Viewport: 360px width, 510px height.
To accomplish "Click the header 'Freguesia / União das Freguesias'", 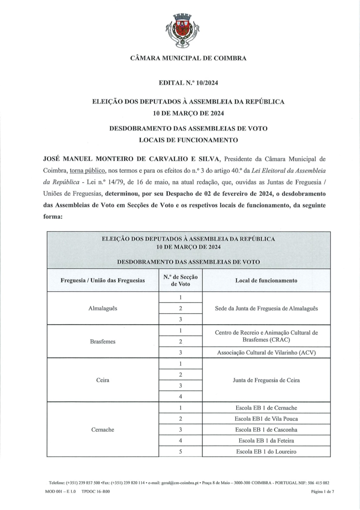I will point(103,280).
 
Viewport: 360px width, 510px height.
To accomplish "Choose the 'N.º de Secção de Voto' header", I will point(180,280).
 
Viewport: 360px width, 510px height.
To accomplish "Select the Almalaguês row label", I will point(103,308).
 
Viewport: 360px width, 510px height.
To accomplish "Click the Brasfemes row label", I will point(103,342).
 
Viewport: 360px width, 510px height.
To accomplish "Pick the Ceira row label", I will point(103,380).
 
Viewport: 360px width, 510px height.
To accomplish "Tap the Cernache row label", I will point(103,430).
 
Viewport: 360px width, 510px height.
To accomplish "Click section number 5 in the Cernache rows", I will point(180,452).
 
